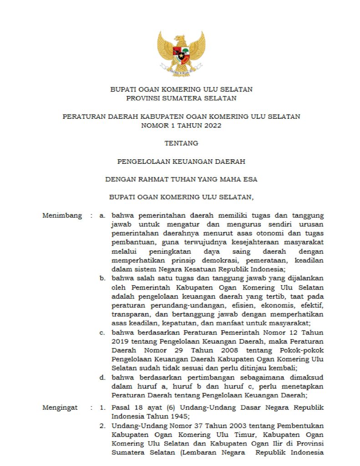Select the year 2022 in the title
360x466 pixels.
click(212, 126)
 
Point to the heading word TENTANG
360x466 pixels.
click(181, 143)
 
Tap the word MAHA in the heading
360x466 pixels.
click(233, 179)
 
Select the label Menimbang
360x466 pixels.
click(62, 215)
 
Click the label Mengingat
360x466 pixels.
click(60, 407)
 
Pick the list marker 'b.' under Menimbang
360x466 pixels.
click(103, 278)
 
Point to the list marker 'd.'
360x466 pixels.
click(103, 377)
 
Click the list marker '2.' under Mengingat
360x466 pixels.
click(103, 425)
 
